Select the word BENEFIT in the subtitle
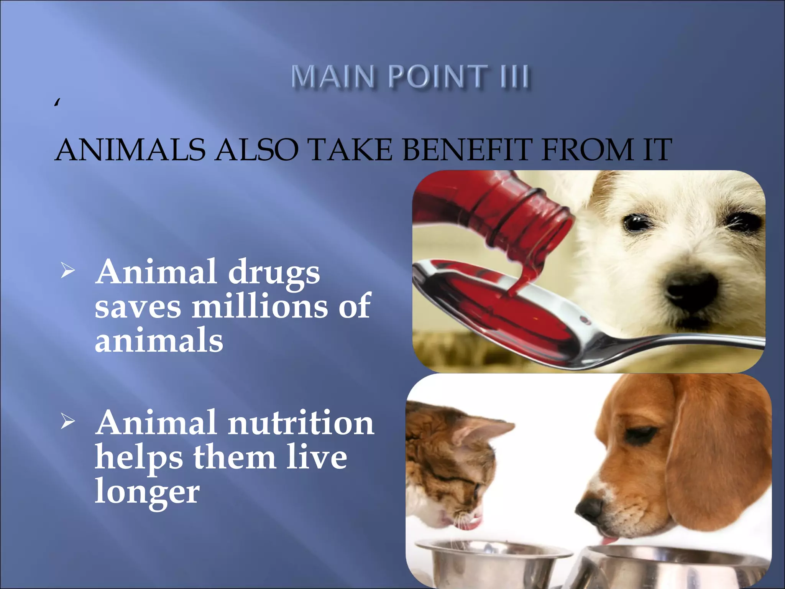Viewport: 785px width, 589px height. pyautogui.click(x=467, y=150)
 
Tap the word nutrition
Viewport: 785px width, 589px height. pyautogui.click(x=301, y=423)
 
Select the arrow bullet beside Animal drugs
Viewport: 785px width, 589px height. pyautogui.click(x=67, y=271)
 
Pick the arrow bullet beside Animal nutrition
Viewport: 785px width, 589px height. pyautogui.click(x=67, y=422)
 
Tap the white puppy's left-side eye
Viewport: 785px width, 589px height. pyautogui.click(x=637, y=223)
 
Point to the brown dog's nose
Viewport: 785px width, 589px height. pyautogui.click(x=590, y=510)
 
